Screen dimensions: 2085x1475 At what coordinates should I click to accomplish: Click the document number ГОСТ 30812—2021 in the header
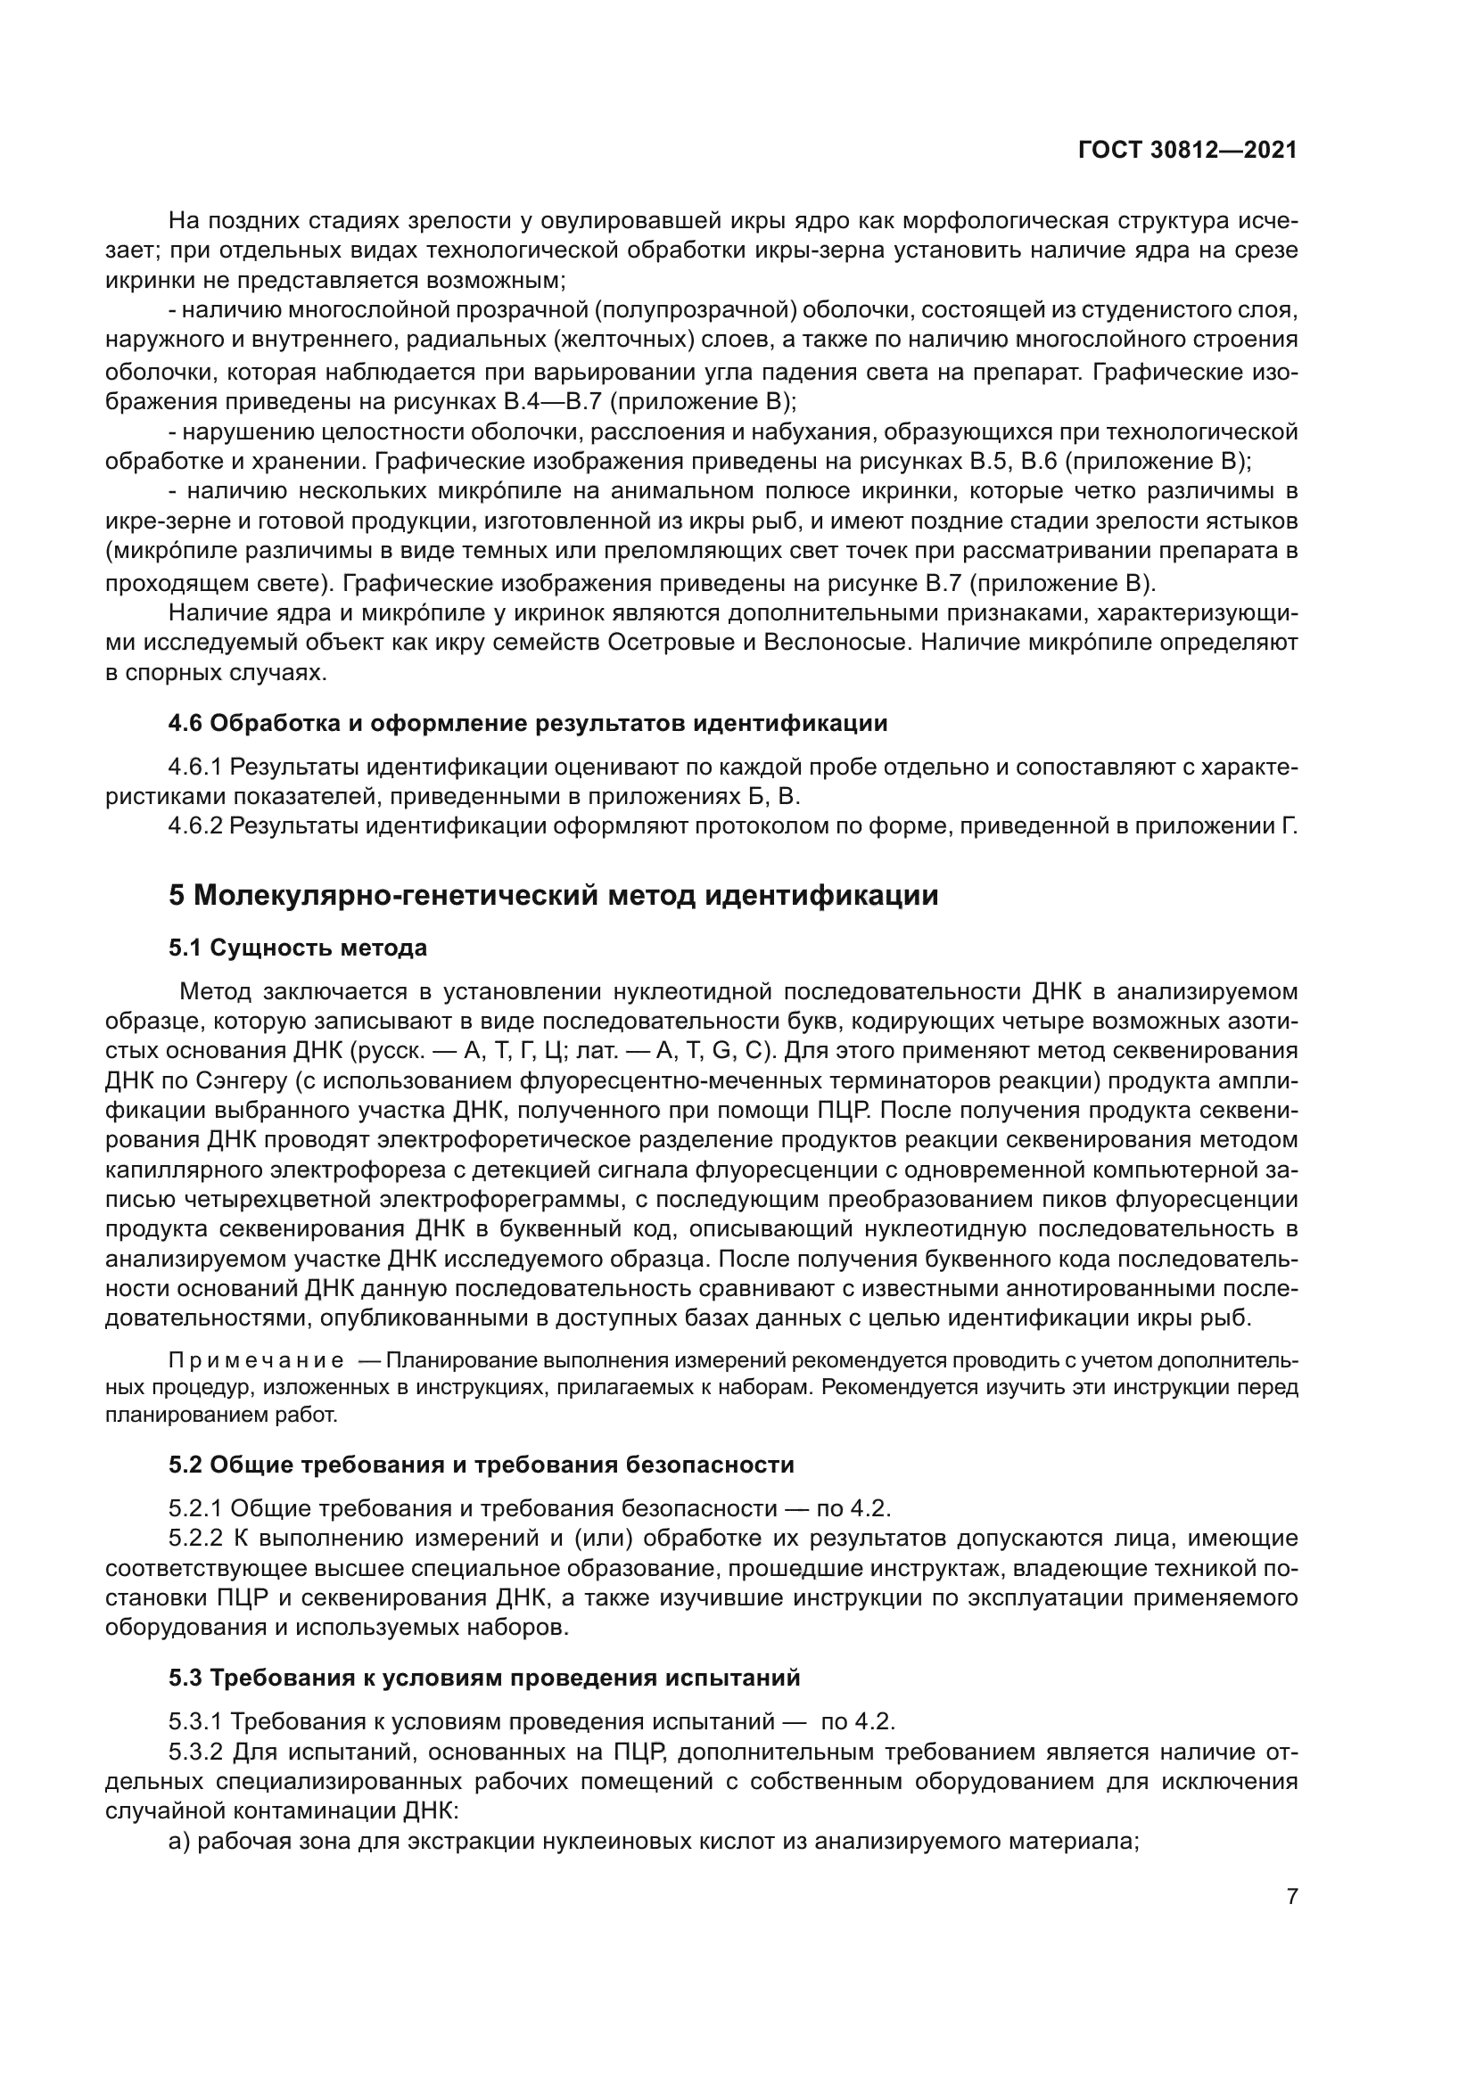1187,151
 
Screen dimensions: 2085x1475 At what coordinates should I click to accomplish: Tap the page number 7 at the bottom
1291,1896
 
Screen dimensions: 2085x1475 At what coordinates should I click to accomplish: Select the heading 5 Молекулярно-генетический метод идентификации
553,895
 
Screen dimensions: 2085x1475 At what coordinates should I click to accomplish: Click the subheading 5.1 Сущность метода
297,948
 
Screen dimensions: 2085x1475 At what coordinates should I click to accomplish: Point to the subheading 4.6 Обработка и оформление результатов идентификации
528,724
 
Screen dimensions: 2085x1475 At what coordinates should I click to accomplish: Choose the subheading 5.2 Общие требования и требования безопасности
481,1465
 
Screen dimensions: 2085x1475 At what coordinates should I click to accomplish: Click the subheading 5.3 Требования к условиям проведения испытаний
484,1678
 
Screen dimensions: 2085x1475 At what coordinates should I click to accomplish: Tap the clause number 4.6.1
194,768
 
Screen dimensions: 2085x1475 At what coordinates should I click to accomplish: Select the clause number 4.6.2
194,826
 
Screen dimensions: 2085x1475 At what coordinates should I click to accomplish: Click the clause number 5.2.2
194,1539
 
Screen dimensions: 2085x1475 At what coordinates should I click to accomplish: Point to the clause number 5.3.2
194,1752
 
